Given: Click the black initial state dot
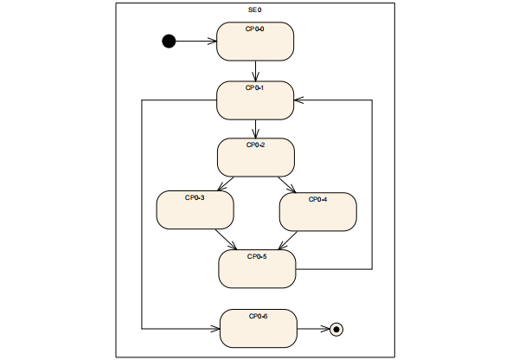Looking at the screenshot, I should (x=169, y=41).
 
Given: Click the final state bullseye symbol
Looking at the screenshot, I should (x=337, y=329).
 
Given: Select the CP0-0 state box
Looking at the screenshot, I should (x=255, y=42).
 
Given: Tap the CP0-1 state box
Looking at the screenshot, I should (x=255, y=100).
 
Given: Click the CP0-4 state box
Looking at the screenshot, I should (x=317, y=212).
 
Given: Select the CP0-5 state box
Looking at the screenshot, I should (x=257, y=269).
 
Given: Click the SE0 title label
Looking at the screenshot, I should (x=255, y=10).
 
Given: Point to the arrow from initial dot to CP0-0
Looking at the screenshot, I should (x=196, y=41).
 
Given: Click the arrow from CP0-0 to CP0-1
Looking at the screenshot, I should (x=256, y=71).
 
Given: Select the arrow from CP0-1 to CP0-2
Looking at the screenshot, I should (x=256, y=129).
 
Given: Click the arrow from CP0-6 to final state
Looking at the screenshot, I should (x=313, y=329).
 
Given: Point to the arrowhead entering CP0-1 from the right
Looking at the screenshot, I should (x=299, y=100).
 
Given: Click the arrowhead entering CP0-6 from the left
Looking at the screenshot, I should (x=215, y=329).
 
